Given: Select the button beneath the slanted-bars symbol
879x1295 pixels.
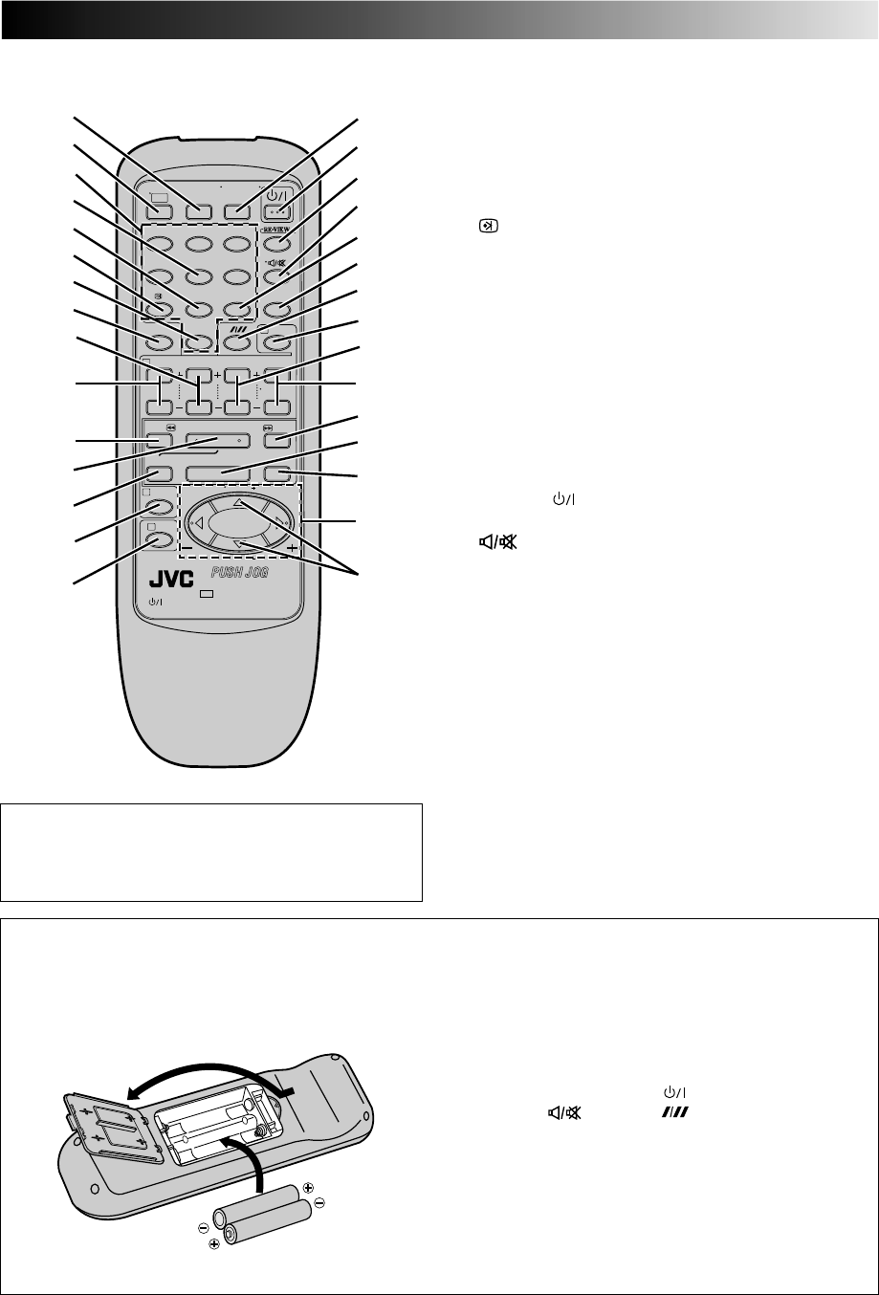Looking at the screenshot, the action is tap(235, 340).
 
